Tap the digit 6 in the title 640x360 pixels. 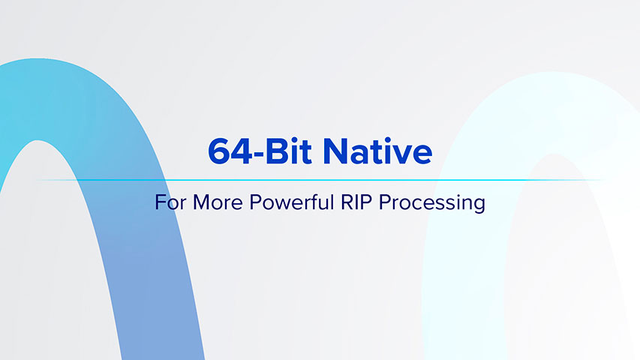(218, 151)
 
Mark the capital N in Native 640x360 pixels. (335, 151)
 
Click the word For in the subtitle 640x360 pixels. (168, 202)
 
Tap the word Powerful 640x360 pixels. (278, 202)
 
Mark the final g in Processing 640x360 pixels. (479, 205)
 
